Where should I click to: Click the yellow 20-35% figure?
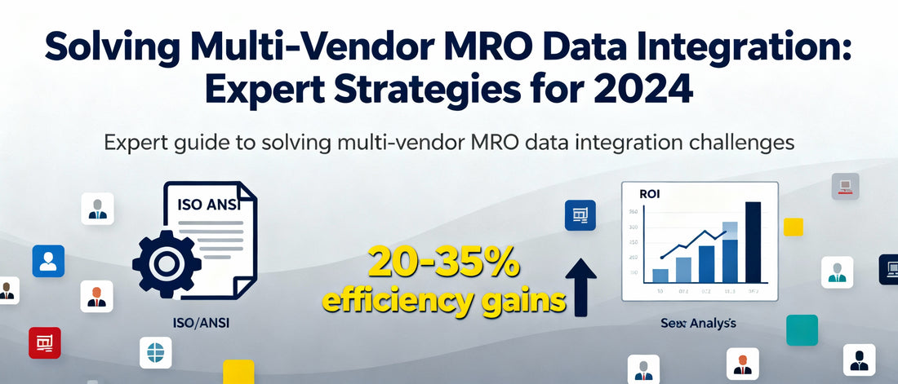tap(442, 263)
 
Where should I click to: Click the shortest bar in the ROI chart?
tap(660, 276)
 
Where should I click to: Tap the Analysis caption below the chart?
tap(698, 324)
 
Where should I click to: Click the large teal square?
tap(802, 330)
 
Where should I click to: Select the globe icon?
tap(155, 353)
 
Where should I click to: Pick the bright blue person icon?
tap(48, 261)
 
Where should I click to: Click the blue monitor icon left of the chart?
tap(580, 216)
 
